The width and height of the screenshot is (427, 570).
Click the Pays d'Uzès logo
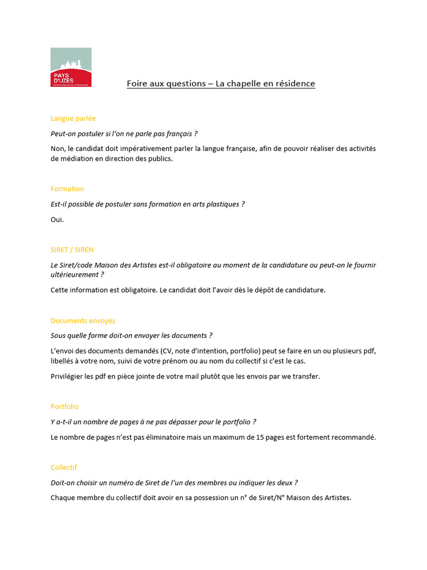pyautogui.click(x=71, y=67)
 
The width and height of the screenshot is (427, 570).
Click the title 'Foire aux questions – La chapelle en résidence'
pyautogui.click(x=221, y=84)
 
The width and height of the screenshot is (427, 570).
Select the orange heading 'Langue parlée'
pyautogui.click(x=73, y=119)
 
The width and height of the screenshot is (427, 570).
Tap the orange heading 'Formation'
pyautogui.click(x=67, y=189)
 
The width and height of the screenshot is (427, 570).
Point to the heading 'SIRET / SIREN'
pyautogui.click(x=72, y=250)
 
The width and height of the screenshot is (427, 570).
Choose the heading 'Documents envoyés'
pyautogui.click(x=83, y=321)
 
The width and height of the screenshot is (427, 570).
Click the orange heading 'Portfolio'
pyautogui.click(x=65, y=407)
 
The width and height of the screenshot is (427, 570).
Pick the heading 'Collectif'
pyautogui.click(x=64, y=468)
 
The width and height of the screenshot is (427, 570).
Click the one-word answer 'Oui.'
pyautogui.click(x=57, y=220)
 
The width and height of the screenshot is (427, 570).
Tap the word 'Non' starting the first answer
pyautogui.click(x=57, y=149)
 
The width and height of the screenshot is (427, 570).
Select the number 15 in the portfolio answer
pyautogui.click(x=261, y=438)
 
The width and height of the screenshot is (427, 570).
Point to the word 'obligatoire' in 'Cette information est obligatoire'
pyautogui.click(x=137, y=291)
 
